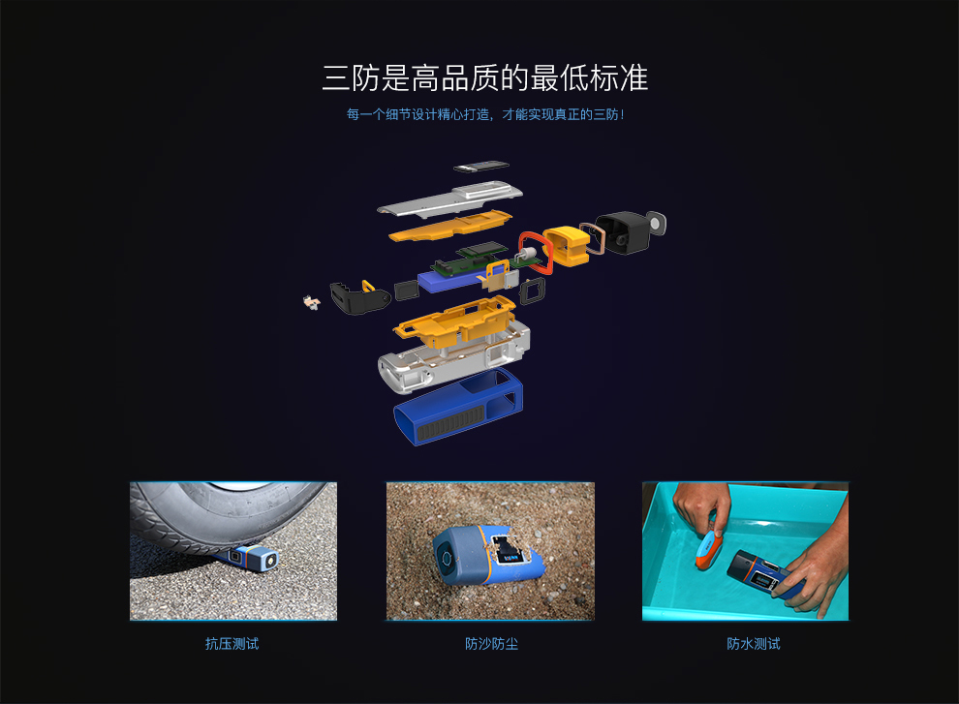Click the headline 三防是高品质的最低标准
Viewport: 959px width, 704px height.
[484, 77]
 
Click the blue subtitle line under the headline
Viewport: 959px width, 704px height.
[484, 114]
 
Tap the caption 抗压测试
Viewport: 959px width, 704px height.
[232, 643]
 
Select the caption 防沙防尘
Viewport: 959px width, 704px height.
[491, 643]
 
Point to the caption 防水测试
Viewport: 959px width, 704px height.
[753, 643]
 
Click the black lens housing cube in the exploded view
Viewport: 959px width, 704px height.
[625, 232]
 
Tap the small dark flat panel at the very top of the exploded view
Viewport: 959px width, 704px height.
[480, 166]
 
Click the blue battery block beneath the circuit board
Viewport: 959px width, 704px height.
[450, 282]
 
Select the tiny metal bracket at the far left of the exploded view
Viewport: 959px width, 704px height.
[310, 302]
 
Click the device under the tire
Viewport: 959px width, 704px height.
[255, 558]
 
